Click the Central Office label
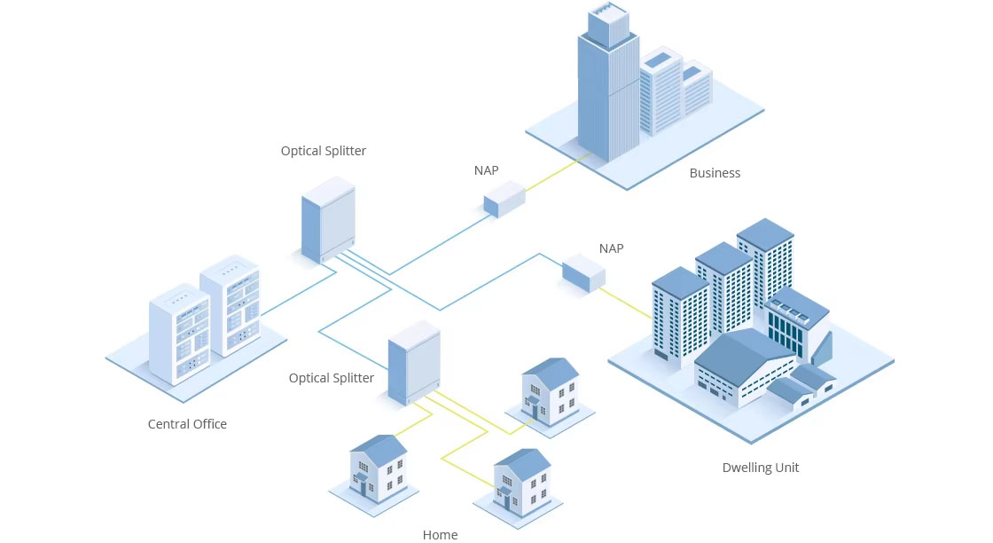187,424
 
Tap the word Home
440,534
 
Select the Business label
715,173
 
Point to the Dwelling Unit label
761,468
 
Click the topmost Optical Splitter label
324,151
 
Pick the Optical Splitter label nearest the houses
332,378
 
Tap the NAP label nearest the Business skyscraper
487,170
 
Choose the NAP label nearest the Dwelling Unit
611,248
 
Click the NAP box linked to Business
504,199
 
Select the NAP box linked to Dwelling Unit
583,272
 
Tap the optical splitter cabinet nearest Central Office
328,218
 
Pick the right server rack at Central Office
230,306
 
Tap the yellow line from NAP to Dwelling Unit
629,302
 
